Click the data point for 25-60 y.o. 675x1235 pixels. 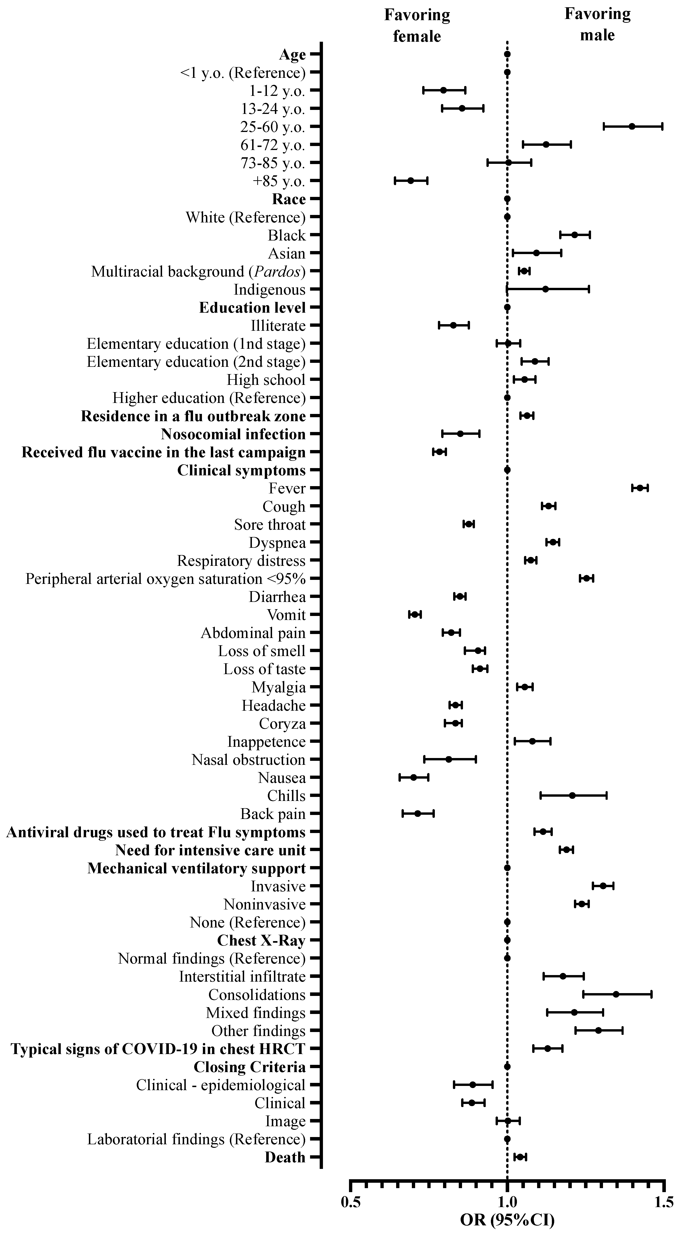pos(632,127)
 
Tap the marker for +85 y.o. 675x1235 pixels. pos(411,181)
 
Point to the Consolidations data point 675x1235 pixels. pos(616,994)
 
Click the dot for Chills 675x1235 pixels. pos(572,795)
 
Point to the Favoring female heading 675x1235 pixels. pos(417,25)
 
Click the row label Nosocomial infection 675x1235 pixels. pos(233,434)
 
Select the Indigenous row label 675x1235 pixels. pos(269,289)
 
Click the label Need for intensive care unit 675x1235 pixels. pos(210,850)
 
